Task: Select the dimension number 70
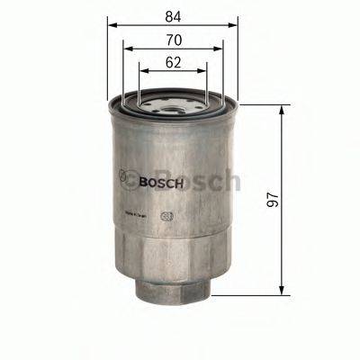(173, 39)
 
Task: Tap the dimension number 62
(173, 61)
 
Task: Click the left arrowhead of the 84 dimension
(112, 26)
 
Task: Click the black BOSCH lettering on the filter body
(162, 182)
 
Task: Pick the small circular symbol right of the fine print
(165, 217)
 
